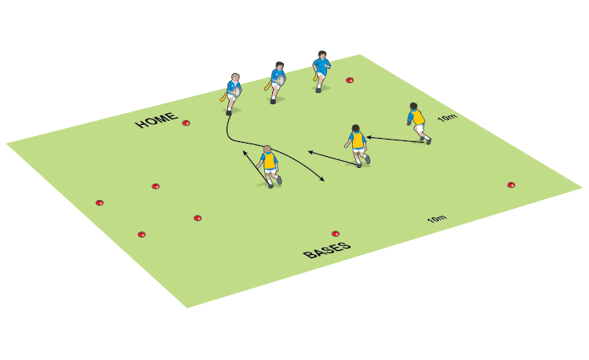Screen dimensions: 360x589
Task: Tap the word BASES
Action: [x=326, y=250]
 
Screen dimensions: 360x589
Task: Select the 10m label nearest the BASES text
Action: [x=437, y=219]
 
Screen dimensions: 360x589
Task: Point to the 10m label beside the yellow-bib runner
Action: [x=447, y=118]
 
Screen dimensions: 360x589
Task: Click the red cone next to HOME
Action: [x=186, y=122]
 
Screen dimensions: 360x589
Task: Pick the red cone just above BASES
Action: [x=336, y=233]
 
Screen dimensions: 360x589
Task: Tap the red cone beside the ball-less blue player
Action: [x=350, y=79]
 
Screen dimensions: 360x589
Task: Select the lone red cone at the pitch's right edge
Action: [x=511, y=185]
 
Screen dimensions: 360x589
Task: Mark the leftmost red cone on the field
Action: [x=100, y=202]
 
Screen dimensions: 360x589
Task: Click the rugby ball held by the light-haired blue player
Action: [x=235, y=91]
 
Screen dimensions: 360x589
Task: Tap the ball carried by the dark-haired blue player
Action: [x=278, y=79]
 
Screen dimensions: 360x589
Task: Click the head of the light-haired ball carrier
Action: [x=234, y=78]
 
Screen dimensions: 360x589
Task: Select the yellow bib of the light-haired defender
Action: [x=270, y=162]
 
